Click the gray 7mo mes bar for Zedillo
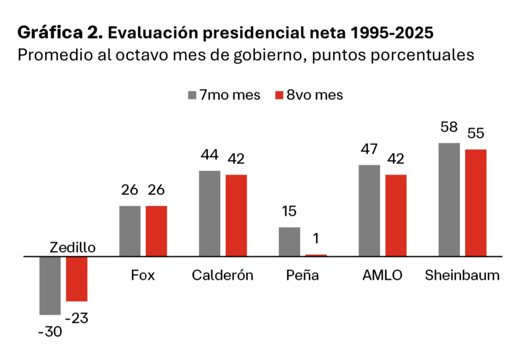[50, 285]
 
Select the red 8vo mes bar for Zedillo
[76, 279]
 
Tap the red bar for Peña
[316, 255]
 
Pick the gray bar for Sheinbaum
[449, 199]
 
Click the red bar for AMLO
[395, 215]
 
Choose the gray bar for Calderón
[209, 213]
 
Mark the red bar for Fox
[156, 231]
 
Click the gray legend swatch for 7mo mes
[192, 95]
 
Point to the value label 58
[449, 127]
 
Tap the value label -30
[50, 332]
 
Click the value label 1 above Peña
[316, 239]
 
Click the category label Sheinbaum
[462, 275]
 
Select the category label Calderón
[223, 275]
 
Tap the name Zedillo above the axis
[73, 248]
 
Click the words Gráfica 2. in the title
[60, 33]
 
